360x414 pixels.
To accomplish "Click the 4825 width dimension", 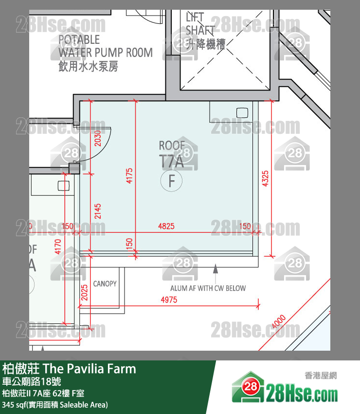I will click(166, 226).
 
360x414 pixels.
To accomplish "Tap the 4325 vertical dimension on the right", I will click(265, 178).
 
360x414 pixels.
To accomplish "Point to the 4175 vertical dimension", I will click(129, 175).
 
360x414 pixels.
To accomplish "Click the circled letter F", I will click(171, 182).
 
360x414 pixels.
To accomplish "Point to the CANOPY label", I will click(105, 283).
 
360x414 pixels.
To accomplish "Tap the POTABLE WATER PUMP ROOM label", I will click(105, 53).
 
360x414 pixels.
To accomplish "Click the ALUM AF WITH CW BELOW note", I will click(208, 288).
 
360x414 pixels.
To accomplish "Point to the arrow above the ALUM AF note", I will click(215, 268).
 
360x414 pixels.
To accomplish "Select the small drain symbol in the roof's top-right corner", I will click(242, 113).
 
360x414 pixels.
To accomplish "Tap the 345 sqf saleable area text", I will click(54, 405).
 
